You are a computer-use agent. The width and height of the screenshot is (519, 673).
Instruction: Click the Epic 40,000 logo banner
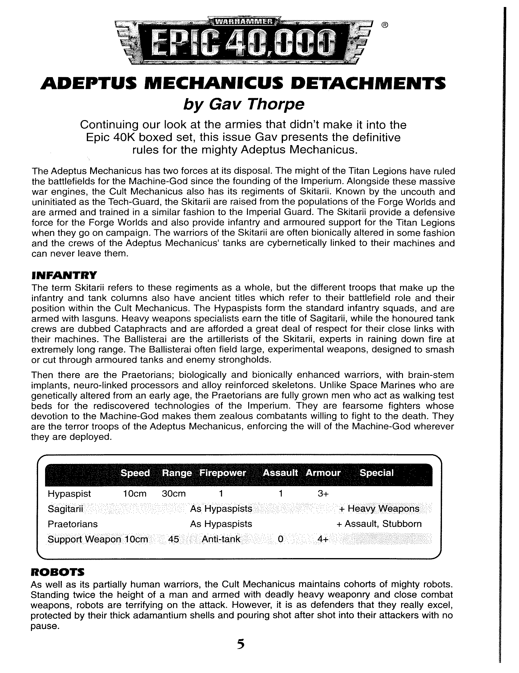tap(243, 42)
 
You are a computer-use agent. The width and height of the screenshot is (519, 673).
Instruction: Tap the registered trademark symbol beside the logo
tap(385, 25)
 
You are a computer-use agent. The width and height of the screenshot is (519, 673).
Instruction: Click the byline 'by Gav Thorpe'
tap(244, 105)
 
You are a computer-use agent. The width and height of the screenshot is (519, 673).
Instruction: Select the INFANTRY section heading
tap(64, 275)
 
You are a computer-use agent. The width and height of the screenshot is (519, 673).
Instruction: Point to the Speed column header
tap(135, 473)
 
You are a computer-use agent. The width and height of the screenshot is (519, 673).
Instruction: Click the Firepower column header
tap(223, 473)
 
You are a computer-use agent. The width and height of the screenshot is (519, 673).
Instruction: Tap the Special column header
tap(376, 473)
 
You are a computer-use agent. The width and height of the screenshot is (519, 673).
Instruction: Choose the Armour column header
tap(323, 473)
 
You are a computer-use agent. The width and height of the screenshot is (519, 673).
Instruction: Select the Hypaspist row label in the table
tap(69, 494)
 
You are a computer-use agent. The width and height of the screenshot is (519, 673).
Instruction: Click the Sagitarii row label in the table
tap(65, 509)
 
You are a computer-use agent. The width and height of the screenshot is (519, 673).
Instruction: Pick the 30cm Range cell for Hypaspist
tap(174, 494)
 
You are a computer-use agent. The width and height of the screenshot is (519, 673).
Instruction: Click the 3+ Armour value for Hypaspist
tap(323, 494)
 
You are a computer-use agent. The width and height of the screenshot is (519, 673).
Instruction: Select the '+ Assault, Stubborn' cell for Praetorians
tap(379, 524)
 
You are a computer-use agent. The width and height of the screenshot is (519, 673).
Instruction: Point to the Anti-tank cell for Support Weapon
tap(221, 539)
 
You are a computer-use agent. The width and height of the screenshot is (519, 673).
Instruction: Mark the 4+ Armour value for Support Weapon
tap(323, 539)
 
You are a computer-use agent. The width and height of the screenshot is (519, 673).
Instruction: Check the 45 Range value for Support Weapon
tap(174, 539)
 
